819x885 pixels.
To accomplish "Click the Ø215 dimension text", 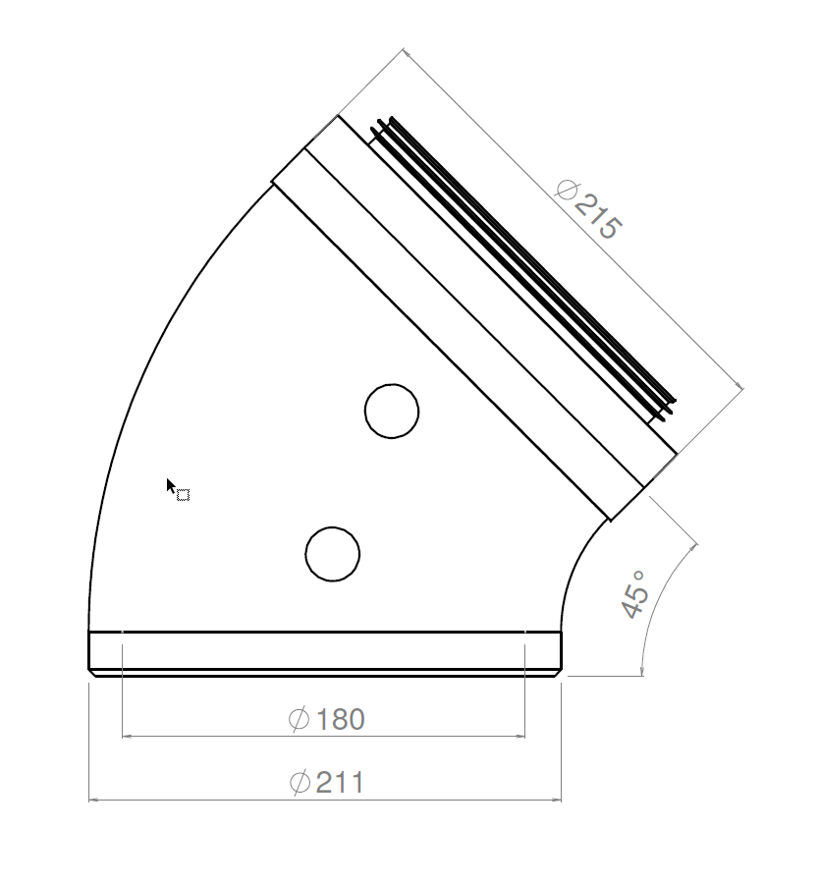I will (588, 210).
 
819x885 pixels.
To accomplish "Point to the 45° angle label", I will (635, 593).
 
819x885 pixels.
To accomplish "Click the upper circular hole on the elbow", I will (392, 411).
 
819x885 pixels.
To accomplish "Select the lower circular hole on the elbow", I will (333, 554).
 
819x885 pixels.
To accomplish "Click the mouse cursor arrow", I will (172, 485).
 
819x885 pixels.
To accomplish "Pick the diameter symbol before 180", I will (300, 720).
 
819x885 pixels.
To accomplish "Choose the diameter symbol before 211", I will (300, 783).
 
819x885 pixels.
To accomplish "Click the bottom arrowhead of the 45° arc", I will (641, 670).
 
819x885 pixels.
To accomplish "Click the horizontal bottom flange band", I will (325, 650).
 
